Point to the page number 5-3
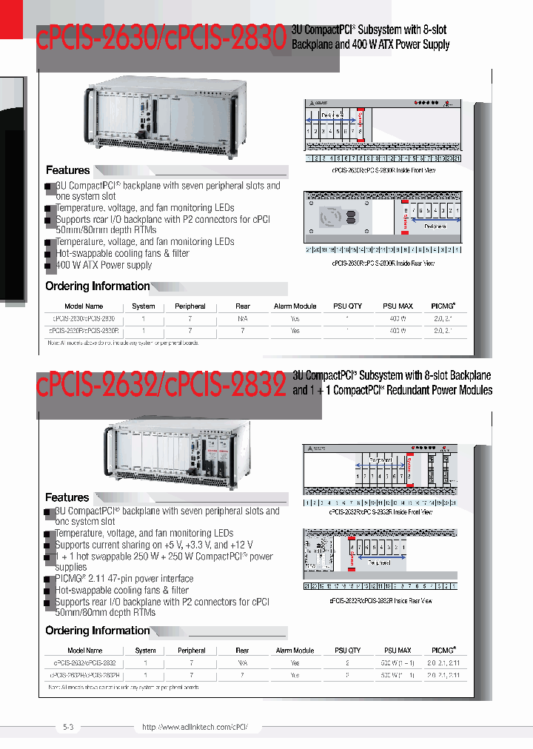pos(69,728)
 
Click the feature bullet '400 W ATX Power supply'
pos(104,265)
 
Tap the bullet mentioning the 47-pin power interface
pos(124,579)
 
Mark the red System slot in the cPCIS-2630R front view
pos(361,126)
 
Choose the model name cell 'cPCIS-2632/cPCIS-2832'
pos(84,663)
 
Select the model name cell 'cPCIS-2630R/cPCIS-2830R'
pos(84,331)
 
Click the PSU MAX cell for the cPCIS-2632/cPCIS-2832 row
pos(398,663)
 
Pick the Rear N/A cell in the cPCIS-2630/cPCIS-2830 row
pos(243,318)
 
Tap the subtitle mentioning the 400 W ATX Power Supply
pos(370,38)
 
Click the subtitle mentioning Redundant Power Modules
pos(392,383)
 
